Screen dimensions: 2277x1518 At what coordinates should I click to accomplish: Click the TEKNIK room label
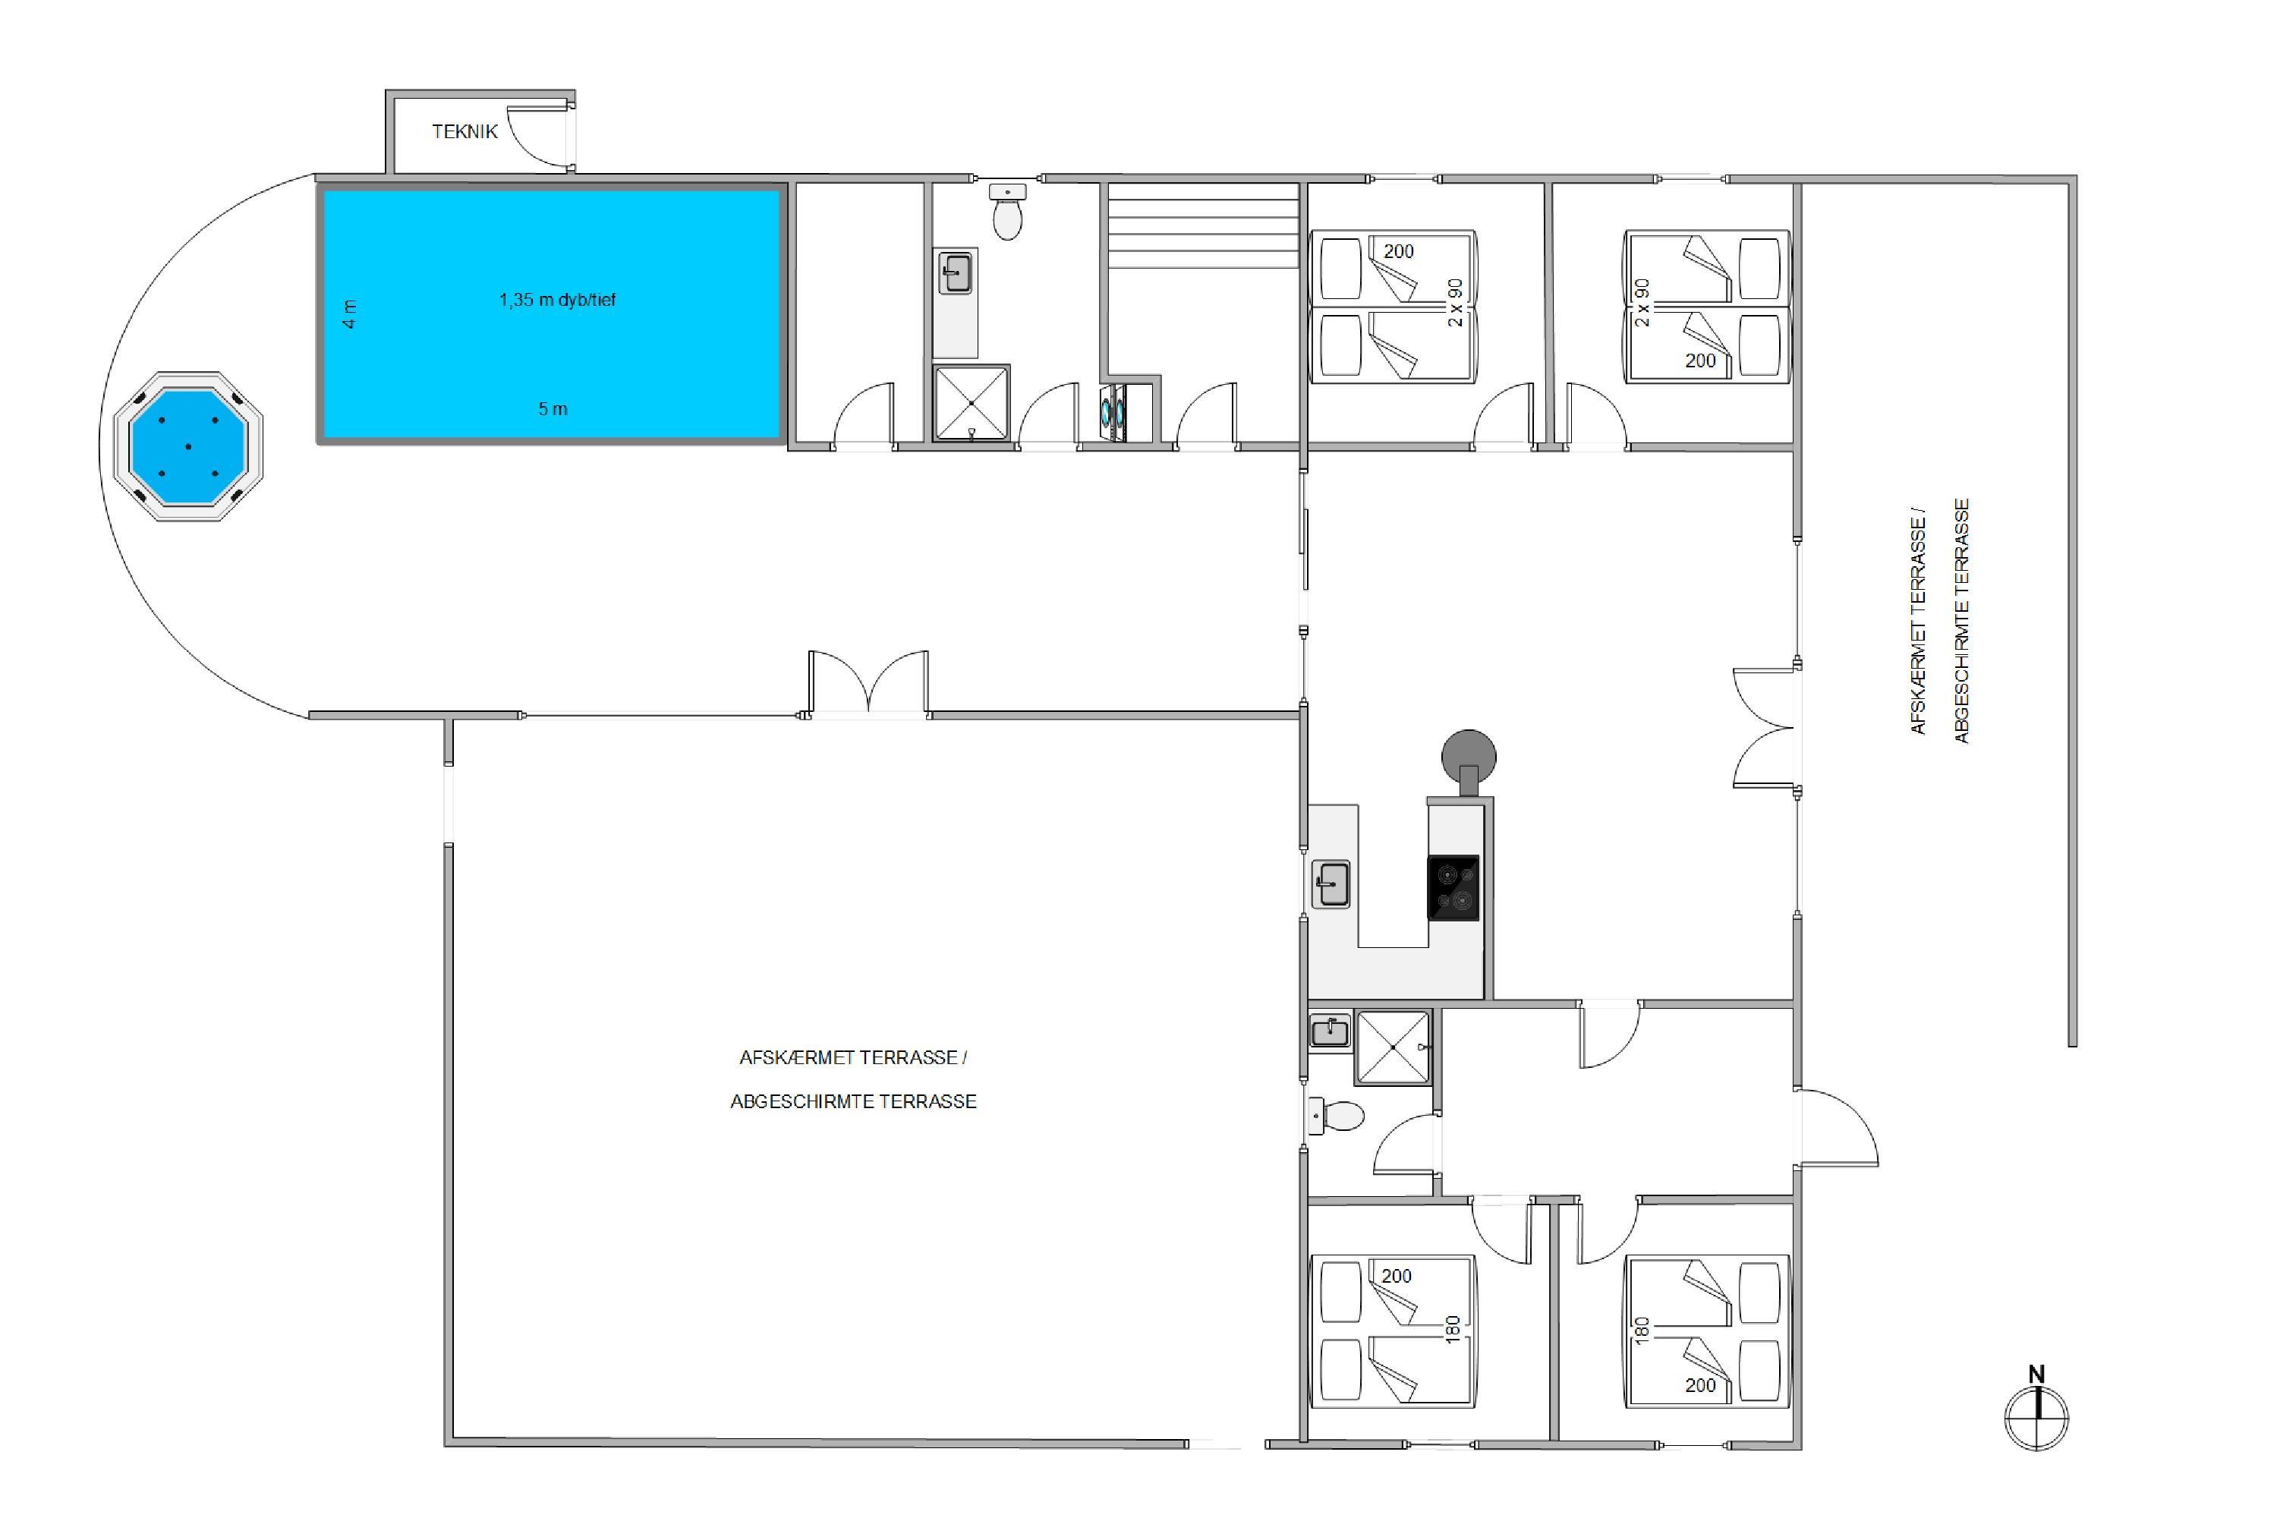point(465,131)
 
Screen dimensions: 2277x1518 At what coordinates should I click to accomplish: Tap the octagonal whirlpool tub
point(187,446)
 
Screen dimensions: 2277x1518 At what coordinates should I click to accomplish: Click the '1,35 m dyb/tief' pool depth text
point(558,300)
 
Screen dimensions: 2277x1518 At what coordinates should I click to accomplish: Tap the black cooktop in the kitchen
point(1453,888)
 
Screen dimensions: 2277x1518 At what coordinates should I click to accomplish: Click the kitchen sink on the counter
point(1331,885)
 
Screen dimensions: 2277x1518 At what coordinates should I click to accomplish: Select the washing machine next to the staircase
point(1113,414)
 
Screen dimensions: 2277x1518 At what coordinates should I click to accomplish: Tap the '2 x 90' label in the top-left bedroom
point(1454,303)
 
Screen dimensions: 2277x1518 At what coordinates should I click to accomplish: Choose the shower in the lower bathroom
point(1393,1047)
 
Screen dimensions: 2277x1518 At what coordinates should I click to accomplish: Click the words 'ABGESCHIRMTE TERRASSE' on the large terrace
point(853,1102)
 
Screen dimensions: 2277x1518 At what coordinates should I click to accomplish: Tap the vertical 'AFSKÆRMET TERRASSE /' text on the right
point(1918,622)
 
